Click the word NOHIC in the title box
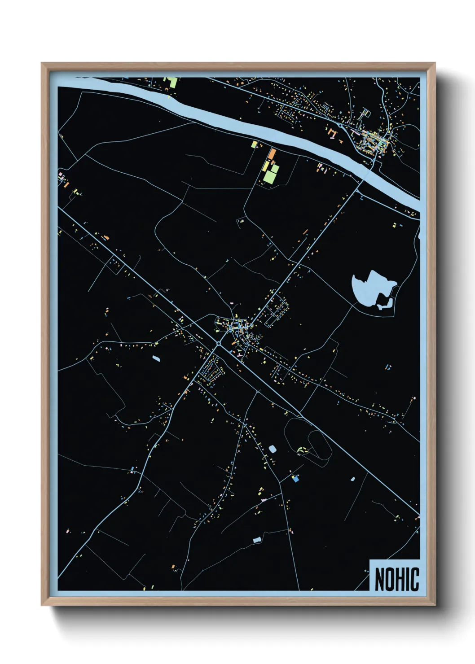396,579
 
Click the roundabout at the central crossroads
218,344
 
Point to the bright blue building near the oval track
295,479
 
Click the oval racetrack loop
320,444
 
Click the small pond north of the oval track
272,448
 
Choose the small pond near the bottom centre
257,540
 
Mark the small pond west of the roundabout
156,358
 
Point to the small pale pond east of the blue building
352,479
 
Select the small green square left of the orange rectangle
254,144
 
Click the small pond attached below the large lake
384,306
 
